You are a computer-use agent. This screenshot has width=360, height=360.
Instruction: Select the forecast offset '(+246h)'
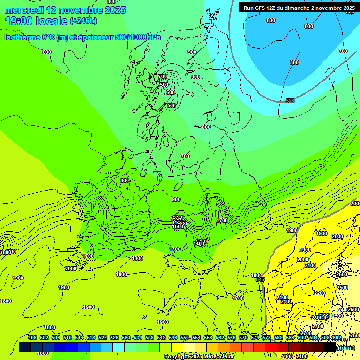tap(83, 21)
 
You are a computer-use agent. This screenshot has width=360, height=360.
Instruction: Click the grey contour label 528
tap(290, 101)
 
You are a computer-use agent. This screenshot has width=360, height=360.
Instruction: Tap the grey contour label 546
tap(260, 279)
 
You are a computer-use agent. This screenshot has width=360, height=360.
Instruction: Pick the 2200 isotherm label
tap(319, 293)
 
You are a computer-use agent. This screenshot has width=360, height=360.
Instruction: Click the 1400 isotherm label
tap(199, 244)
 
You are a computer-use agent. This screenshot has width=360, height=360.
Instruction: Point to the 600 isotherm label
tap(170, 92)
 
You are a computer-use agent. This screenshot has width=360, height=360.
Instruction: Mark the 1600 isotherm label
tap(178, 226)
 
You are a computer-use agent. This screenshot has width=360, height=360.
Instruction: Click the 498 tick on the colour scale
tap(32, 338)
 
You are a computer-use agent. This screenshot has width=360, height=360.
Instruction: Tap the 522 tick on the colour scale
tap(103, 338)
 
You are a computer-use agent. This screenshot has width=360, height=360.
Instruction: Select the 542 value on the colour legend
tap(161, 338)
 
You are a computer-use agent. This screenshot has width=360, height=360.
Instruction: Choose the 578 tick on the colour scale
tap(267, 338)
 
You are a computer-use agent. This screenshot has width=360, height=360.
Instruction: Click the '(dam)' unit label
tap(346, 348)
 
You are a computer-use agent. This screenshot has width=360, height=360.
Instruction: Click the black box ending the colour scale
tap(330, 347)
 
